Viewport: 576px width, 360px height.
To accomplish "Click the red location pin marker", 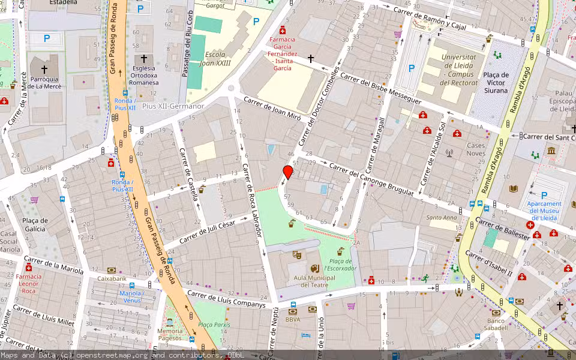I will pos(288,173).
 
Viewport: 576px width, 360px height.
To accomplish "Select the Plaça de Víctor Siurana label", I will pos(496,83).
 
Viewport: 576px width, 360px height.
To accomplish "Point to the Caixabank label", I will pos(112,279).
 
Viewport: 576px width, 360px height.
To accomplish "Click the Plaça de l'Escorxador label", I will pos(340,264).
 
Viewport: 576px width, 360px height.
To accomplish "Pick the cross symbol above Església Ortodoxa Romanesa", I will pos(143,59).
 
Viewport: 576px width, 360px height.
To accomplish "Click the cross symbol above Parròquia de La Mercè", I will pos(44,70).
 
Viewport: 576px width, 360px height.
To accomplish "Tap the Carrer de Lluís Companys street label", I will pos(226,299).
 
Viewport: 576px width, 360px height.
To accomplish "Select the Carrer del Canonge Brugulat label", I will pos(371,179).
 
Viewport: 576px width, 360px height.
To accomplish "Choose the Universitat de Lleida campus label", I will pos(458,70).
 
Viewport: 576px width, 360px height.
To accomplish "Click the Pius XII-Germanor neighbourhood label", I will pos(173,106).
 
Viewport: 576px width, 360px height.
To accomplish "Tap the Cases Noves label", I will pos(476,149).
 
